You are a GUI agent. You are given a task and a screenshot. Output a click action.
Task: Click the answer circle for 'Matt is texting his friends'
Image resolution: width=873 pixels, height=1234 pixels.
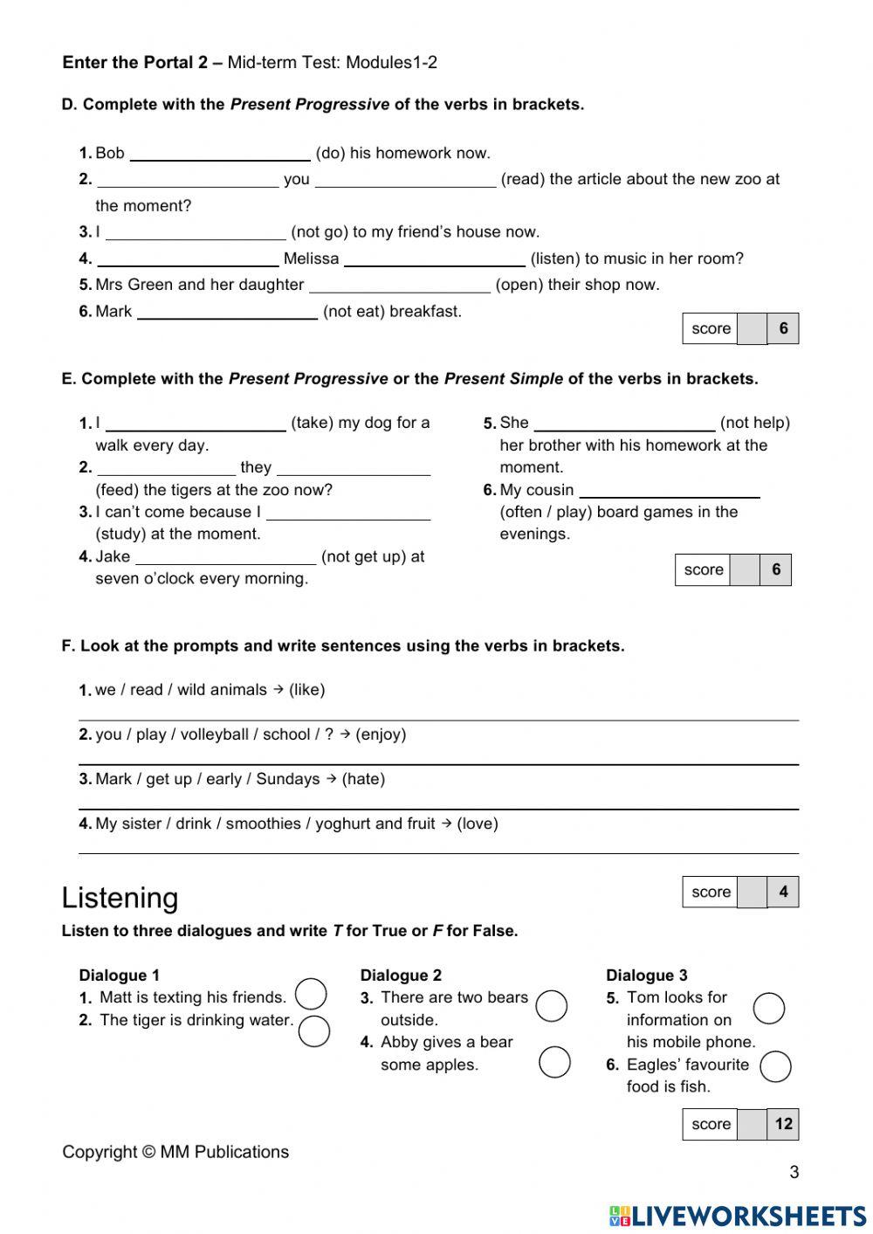pyautogui.click(x=311, y=994)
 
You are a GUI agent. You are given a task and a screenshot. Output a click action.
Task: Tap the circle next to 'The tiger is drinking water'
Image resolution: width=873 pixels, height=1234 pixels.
pyautogui.click(x=313, y=1031)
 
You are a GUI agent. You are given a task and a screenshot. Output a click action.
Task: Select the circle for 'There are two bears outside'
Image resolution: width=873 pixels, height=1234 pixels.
pyautogui.click(x=551, y=1005)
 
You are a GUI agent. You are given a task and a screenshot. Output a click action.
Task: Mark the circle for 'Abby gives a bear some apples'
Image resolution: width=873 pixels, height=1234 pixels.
pyautogui.click(x=554, y=1062)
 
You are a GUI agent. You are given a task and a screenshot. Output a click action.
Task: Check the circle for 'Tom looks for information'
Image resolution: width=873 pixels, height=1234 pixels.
pyautogui.click(x=768, y=1008)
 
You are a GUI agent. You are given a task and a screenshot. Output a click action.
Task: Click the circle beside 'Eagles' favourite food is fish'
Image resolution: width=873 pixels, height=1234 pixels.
pyautogui.click(x=775, y=1066)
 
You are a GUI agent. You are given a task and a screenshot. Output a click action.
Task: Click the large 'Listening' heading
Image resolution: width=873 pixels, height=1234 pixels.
pyautogui.click(x=120, y=898)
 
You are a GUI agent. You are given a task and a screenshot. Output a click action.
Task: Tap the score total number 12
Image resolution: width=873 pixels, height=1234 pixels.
pyautogui.click(x=783, y=1124)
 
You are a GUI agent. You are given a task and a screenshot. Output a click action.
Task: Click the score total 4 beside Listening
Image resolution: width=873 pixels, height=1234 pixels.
pyautogui.click(x=783, y=892)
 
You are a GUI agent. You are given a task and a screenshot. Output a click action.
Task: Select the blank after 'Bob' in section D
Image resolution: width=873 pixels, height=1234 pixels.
pyautogui.click(x=220, y=155)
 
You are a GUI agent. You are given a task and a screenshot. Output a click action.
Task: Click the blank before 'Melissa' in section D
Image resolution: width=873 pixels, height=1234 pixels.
pyautogui.click(x=188, y=259)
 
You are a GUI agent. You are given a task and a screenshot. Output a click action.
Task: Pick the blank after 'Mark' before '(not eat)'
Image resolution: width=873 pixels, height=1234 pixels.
pyautogui.click(x=227, y=313)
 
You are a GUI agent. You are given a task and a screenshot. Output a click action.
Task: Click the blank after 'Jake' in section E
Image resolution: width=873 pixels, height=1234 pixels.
pyautogui.click(x=225, y=558)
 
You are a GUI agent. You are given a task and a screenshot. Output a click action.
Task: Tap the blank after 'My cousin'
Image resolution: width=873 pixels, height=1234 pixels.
pyautogui.click(x=669, y=491)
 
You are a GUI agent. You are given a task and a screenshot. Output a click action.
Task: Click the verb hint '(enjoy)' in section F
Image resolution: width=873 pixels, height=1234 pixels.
pyautogui.click(x=381, y=734)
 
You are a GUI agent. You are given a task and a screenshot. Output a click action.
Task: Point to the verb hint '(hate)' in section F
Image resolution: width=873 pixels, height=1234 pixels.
pyautogui.click(x=363, y=779)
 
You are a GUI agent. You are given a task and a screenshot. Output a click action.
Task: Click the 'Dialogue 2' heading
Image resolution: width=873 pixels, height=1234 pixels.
pyautogui.click(x=401, y=975)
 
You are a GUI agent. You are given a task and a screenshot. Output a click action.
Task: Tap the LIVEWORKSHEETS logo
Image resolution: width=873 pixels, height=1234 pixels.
pyautogui.click(x=738, y=1217)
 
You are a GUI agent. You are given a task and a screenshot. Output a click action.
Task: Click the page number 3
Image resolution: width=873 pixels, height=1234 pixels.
pyautogui.click(x=794, y=1172)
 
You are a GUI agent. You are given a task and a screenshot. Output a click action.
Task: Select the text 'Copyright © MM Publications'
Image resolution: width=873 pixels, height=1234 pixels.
pyautogui.click(x=175, y=1152)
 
